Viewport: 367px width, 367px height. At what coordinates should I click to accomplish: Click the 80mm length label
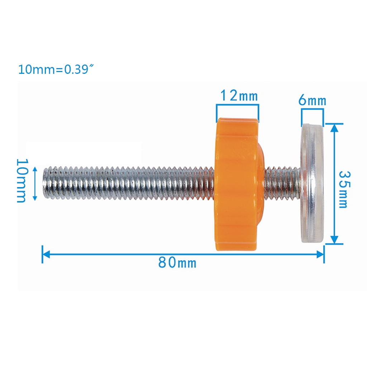(x=177, y=262)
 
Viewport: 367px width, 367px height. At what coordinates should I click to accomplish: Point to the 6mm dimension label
(x=312, y=100)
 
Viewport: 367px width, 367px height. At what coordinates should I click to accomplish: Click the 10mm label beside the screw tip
(x=22, y=181)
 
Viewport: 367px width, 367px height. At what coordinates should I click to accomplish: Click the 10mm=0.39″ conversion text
(x=56, y=70)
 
